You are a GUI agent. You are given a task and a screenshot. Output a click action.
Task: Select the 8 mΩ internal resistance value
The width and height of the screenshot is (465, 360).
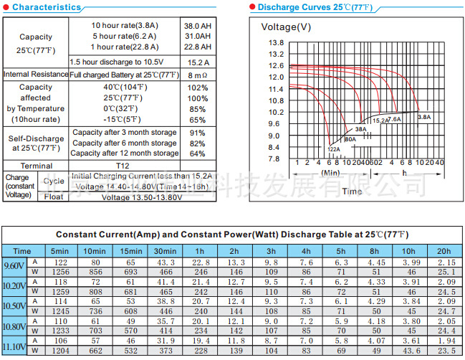point(197,75)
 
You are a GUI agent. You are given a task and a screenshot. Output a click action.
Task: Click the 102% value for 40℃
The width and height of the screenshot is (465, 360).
point(197,87)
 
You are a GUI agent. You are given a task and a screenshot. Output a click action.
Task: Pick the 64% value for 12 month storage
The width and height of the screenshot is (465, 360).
point(197,153)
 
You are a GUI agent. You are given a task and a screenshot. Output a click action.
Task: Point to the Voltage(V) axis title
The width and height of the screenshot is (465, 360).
point(286,27)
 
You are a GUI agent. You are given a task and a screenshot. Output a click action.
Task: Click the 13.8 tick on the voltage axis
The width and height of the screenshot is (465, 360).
point(276,43)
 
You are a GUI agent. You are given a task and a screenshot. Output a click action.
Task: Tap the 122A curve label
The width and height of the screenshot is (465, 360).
point(334,148)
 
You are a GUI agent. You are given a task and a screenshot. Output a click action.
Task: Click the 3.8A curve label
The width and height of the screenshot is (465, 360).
point(424,116)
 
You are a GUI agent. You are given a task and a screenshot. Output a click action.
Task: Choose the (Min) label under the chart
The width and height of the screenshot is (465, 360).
point(330,173)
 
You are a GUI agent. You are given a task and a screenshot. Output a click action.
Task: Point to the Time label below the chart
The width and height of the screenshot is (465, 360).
point(352,191)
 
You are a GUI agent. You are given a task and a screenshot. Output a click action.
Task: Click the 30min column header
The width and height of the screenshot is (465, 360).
point(164,251)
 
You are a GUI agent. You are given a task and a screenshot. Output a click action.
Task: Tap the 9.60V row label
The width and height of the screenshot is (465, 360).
point(14,267)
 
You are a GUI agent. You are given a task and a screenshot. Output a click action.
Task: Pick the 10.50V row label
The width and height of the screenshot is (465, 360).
point(14,305)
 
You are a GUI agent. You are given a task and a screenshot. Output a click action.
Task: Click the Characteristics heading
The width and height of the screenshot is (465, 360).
point(46,7)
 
